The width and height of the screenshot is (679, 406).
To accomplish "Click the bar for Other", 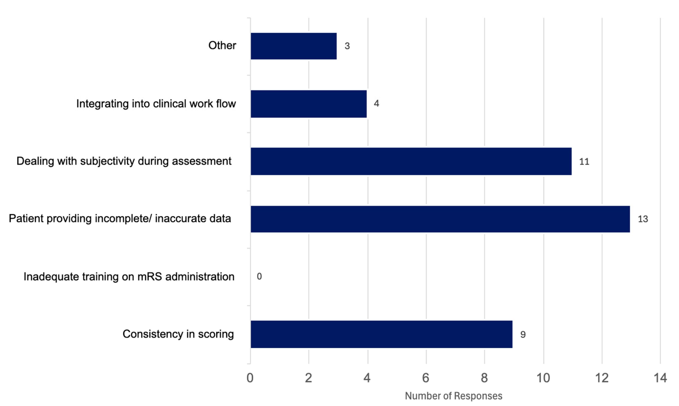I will coord(294,46).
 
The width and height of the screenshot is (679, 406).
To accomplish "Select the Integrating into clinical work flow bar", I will coord(309,104).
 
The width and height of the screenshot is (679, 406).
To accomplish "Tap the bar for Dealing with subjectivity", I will coord(411,161).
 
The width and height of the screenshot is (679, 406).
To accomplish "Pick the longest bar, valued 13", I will coord(440,219).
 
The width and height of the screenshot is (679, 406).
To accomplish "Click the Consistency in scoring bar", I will coord(381,334).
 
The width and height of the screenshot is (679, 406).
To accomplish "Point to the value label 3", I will coord(347,46).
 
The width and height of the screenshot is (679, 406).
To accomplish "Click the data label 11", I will coord(584,162).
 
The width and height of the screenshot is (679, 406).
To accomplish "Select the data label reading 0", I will coord(259,277).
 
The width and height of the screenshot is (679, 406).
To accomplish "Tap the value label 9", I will coord(523,335).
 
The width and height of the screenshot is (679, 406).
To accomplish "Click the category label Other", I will coord(222,45).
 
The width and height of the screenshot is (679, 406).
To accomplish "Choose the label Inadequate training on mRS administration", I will coord(129,277).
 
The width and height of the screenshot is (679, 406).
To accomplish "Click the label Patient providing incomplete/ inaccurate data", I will coord(120,219).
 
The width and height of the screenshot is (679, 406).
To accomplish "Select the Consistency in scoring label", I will coord(178,334).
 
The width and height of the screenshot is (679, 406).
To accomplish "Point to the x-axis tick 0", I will coord(250,378).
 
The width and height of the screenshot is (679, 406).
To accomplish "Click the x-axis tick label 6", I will coord(425,378).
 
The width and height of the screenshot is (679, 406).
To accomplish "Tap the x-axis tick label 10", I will coord(543,378).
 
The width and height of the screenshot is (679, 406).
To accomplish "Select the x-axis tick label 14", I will coord(660,378).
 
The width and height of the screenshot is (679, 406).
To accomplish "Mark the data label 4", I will coord(377,103).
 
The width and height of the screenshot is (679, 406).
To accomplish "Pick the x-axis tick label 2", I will coord(309,378).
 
